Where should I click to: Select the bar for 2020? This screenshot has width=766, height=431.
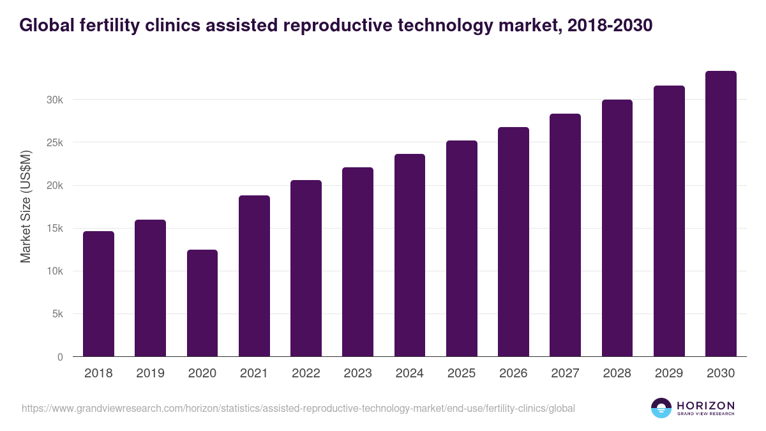pos(202,303)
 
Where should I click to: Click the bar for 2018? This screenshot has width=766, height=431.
pos(98,294)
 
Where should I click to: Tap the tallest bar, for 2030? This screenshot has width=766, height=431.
pos(721,214)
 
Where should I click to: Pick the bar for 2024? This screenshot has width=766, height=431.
pos(410,255)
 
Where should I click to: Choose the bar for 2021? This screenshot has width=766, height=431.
pos(254,276)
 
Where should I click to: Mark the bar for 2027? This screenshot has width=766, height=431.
pos(565,235)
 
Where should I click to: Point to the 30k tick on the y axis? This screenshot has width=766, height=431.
pos(54,100)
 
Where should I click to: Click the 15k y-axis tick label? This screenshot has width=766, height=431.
pos(54,229)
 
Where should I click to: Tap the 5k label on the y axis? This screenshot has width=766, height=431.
pos(57,314)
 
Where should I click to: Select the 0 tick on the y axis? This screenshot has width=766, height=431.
pos(60,357)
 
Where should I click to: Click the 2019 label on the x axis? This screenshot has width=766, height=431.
pos(150,374)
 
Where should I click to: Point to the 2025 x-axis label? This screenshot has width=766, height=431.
pos(462,374)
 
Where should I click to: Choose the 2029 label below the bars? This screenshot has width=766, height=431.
pos(669,374)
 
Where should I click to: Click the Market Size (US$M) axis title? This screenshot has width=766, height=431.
pos(26,207)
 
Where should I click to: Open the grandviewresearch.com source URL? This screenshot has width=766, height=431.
pos(298,408)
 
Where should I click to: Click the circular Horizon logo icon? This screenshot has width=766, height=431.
pos(661,408)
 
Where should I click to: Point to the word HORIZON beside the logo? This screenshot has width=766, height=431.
pos(705,405)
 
